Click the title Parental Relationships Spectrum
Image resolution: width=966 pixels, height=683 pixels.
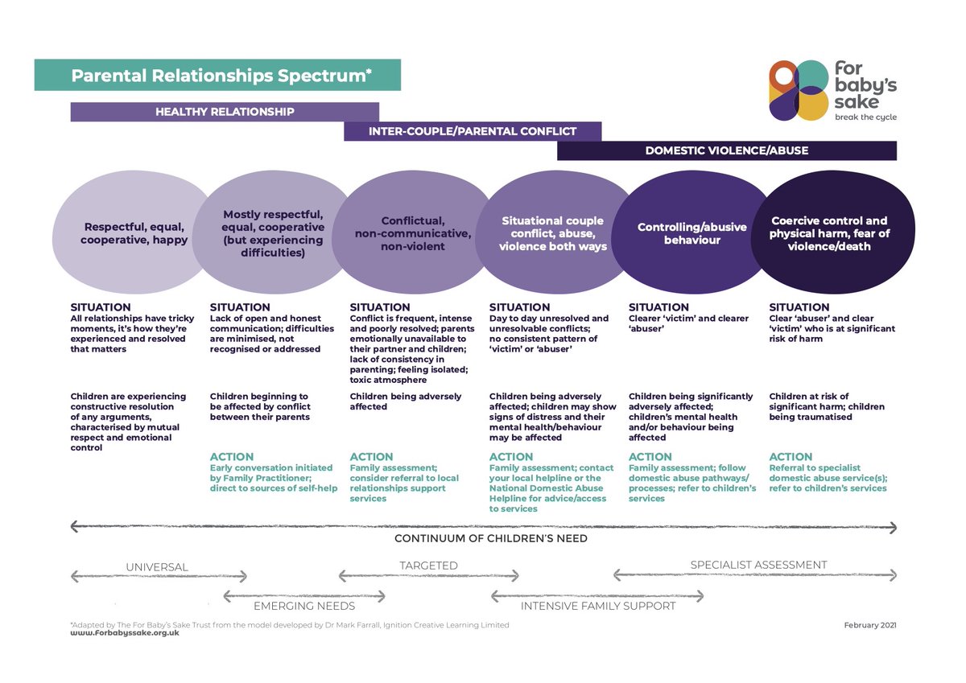tap(221, 76)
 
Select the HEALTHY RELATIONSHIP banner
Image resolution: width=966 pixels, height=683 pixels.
tap(225, 112)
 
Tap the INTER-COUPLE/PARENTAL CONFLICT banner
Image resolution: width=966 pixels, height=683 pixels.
tap(472, 131)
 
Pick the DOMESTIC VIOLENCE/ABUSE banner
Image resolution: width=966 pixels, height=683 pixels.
tap(726, 150)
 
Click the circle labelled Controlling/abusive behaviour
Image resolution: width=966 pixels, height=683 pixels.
tap(691, 233)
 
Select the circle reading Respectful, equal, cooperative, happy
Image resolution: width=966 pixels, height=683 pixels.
tap(135, 233)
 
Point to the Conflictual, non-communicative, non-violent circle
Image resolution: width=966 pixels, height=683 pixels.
tap(411, 233)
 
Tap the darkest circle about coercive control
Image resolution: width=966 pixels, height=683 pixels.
tap(829, 233)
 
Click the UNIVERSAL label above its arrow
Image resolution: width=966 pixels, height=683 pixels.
tap(157, 567)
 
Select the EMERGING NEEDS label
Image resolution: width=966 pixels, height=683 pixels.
tap(304, 606)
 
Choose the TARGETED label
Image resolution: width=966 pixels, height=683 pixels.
tap(428, 566)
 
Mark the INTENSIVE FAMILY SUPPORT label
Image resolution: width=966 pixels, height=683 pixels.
tap(598, 606)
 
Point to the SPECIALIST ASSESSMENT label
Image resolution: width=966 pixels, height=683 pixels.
tap(758, 565)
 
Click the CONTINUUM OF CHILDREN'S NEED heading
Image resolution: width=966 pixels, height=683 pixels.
tap(490, 538)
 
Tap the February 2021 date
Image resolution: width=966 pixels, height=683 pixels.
tap(869, 624)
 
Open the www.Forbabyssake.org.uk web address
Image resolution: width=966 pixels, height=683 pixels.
tap(125, 633)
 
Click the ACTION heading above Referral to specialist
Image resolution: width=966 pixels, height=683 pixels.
tap(791, 456)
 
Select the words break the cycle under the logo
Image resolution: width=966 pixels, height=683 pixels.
tap(865, 117)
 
